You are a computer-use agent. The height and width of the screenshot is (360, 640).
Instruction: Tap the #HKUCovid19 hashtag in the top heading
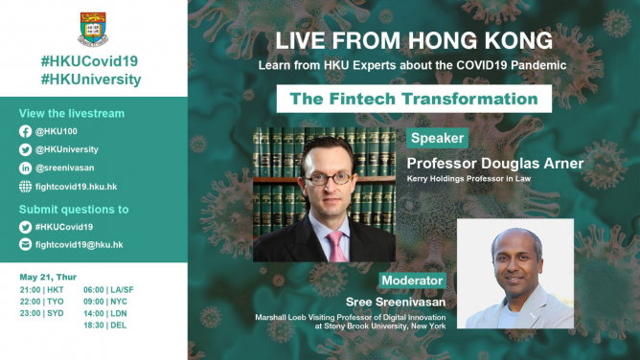pos(92,60)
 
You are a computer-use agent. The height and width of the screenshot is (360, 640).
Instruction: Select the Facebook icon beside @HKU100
pos(25,132)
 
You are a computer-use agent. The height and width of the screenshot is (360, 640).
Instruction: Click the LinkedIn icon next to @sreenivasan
pos(25,167)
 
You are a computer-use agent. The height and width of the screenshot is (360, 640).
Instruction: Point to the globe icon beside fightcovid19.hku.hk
pos(25,185)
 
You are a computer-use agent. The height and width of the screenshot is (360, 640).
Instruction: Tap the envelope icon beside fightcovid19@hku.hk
pos(25,244)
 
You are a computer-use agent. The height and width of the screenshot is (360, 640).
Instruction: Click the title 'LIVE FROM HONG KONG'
pos(413,42)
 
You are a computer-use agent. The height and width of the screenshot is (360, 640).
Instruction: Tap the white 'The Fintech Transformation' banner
pos(413,99)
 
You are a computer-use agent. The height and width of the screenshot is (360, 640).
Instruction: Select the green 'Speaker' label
pos(437,139)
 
